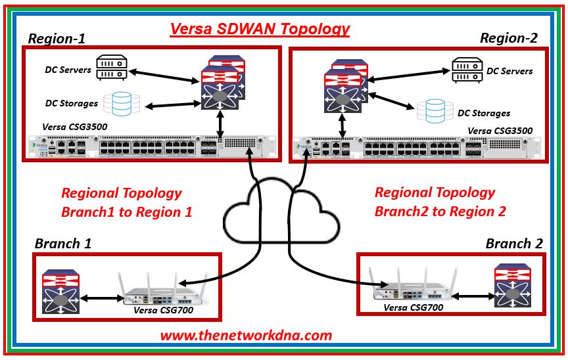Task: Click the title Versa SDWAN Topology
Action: coord(260,29)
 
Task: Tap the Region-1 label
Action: coord(56,38)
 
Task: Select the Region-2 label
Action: coord(508,38)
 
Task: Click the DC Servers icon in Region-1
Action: coord(111,68)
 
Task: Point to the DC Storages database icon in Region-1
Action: coord(126,102)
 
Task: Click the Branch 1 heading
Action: coord(63,244)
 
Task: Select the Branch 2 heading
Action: coord(514,244)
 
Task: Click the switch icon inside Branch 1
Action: coord(61,290)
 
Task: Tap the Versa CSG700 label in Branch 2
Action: coord(412,307)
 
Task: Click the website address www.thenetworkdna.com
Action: coord(247,335)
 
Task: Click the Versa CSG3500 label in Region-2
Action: coord(500,130)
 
